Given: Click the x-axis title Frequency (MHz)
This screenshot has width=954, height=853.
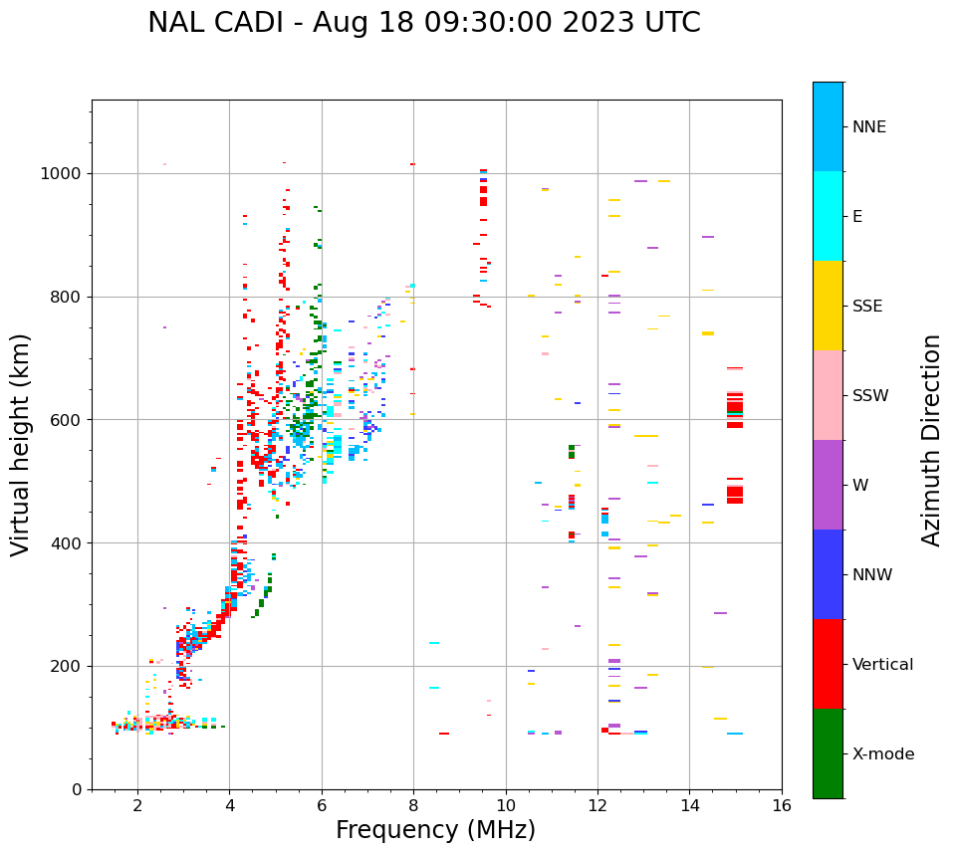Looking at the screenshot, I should (435, 830).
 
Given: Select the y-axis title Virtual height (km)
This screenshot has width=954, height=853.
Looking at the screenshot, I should (21, 445).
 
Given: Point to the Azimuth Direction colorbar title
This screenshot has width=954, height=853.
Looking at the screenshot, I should (931, 440).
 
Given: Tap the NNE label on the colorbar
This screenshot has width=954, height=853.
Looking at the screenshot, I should (869, 127).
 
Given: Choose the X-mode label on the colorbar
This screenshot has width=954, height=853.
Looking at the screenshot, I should (883, 754).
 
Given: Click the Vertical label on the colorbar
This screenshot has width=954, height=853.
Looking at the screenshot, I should (882, 665).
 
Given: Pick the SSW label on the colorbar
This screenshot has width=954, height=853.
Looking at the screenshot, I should (870, 396).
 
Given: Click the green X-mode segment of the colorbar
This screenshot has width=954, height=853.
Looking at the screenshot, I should (828, 753).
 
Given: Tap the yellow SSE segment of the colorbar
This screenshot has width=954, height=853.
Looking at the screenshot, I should (828, 306).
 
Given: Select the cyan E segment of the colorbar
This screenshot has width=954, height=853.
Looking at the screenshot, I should (828, 216).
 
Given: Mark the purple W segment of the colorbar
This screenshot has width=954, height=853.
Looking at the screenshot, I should (828, 485).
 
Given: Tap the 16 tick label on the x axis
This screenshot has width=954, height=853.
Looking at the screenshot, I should (782, 806).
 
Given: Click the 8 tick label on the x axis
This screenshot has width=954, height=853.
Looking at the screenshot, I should (413, 806).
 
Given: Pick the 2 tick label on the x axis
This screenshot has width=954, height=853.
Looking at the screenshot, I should (137, 806).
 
